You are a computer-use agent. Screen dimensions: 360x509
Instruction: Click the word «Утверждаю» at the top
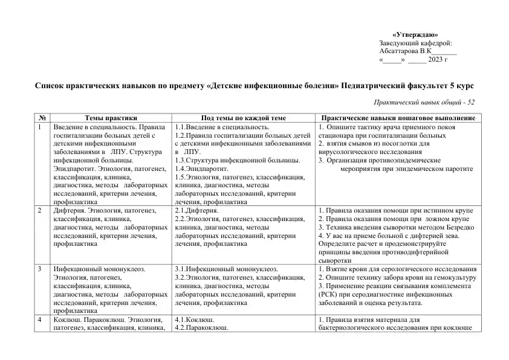coord(415,34)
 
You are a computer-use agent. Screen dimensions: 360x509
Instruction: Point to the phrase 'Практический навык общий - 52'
coord(424,103)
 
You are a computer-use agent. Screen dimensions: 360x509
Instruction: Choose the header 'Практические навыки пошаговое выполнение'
coord(398,118)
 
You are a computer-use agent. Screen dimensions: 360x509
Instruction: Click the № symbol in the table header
coord(42,118)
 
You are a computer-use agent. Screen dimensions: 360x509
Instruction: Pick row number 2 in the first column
coord(40,210)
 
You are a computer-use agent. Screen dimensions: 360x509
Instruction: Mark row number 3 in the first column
coord(40,268)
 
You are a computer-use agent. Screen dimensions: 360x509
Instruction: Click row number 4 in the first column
coord(40,319)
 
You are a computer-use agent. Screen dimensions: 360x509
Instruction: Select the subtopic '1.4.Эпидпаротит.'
coord(197,169)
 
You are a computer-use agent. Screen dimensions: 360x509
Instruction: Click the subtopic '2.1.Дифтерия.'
coord(193,210)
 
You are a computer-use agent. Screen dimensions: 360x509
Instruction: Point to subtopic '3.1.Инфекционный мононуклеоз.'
coord(225,268)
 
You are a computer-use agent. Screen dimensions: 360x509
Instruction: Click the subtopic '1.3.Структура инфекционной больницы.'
coord(237,161)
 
